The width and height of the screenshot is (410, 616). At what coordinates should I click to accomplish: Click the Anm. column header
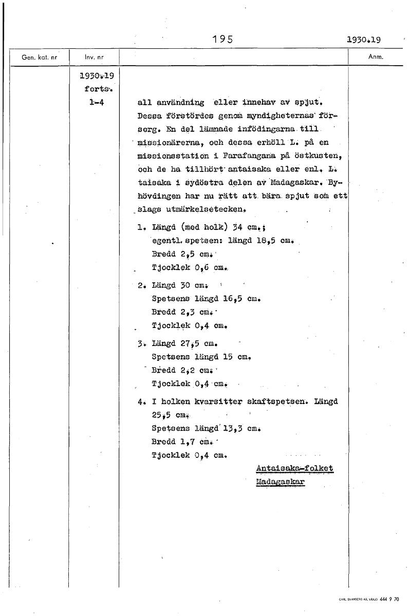376,57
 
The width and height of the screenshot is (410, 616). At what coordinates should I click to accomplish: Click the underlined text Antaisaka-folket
294,468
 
